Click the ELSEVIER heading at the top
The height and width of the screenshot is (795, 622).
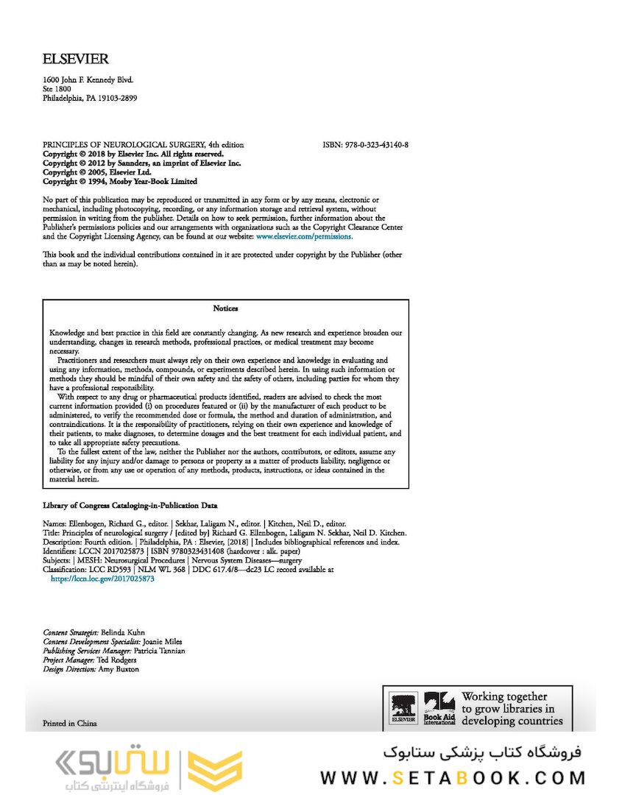76,60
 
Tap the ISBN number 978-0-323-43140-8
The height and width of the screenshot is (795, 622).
377,145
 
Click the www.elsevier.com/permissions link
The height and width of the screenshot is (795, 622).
303,237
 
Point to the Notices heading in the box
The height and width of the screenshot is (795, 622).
225,308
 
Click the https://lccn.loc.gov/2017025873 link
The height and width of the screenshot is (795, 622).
102,579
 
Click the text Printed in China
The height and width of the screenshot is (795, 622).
70,723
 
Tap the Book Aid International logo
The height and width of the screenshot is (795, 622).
439,709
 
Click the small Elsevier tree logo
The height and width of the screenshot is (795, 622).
403,707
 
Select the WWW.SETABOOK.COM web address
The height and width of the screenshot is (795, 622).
453,777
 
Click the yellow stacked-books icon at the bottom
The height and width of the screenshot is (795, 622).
215,770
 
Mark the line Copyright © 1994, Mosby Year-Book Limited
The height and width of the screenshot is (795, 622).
120,181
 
